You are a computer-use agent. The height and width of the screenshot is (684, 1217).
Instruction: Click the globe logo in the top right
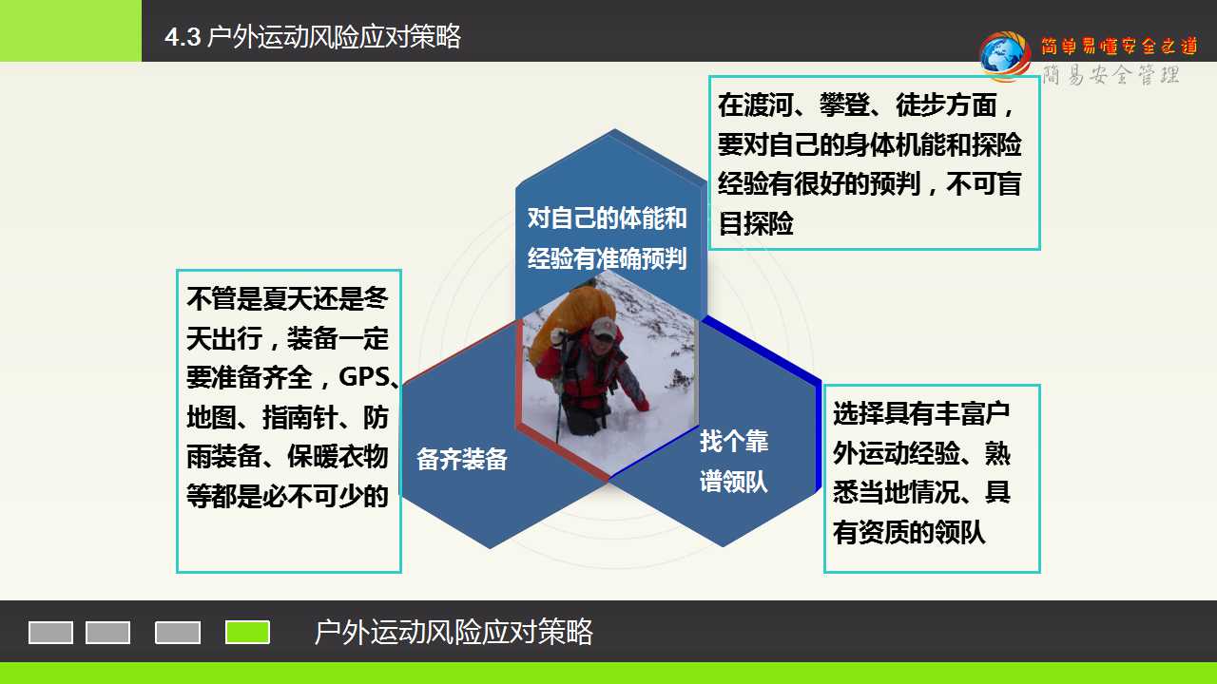(x=1005, y=56)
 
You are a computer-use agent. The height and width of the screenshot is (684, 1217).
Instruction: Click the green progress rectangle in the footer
(x=247, y=632)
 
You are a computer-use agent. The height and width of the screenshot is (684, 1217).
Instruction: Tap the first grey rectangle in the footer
(x=50, y=633)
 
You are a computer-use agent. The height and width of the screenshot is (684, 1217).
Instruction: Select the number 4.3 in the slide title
(x=184, y=37)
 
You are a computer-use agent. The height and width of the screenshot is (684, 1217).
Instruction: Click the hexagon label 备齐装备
(x=462, y=459)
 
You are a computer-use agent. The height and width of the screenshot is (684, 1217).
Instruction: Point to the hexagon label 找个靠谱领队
(x=733, y=461)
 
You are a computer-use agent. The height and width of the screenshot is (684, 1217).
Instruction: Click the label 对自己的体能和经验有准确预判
(x=607, y=237)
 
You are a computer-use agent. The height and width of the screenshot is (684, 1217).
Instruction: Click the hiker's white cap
(x=603, y=328)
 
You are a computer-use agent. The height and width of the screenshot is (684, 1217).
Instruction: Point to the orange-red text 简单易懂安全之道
(x=1120, y=47)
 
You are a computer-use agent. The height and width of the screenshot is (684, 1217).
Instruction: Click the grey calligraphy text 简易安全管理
(x=1111, y=74)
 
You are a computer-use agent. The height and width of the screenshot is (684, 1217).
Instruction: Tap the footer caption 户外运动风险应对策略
(x=454, y=632)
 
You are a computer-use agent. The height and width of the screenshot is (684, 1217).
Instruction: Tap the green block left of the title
(x=70, y=30)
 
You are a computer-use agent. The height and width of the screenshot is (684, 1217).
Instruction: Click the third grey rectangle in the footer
(x=178, y=633)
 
